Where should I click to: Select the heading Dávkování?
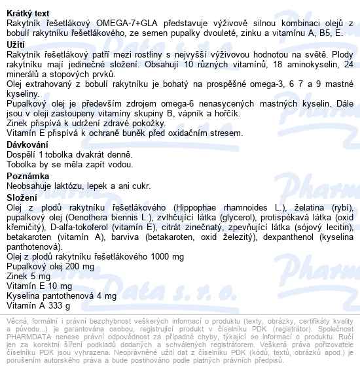click(28, 144)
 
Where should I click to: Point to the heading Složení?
click(22, 197)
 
